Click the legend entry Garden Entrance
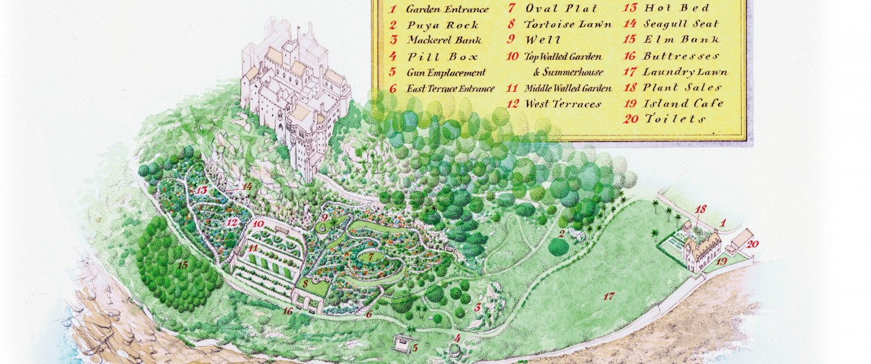pos(446,10)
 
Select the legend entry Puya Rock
pos(442,25)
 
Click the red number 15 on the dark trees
pos(182,265)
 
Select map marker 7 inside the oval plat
pos(371,257)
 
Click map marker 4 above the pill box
pos(457,337)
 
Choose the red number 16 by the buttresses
pos(288,311)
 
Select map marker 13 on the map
pos(201,191)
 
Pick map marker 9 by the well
pos(325,218)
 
